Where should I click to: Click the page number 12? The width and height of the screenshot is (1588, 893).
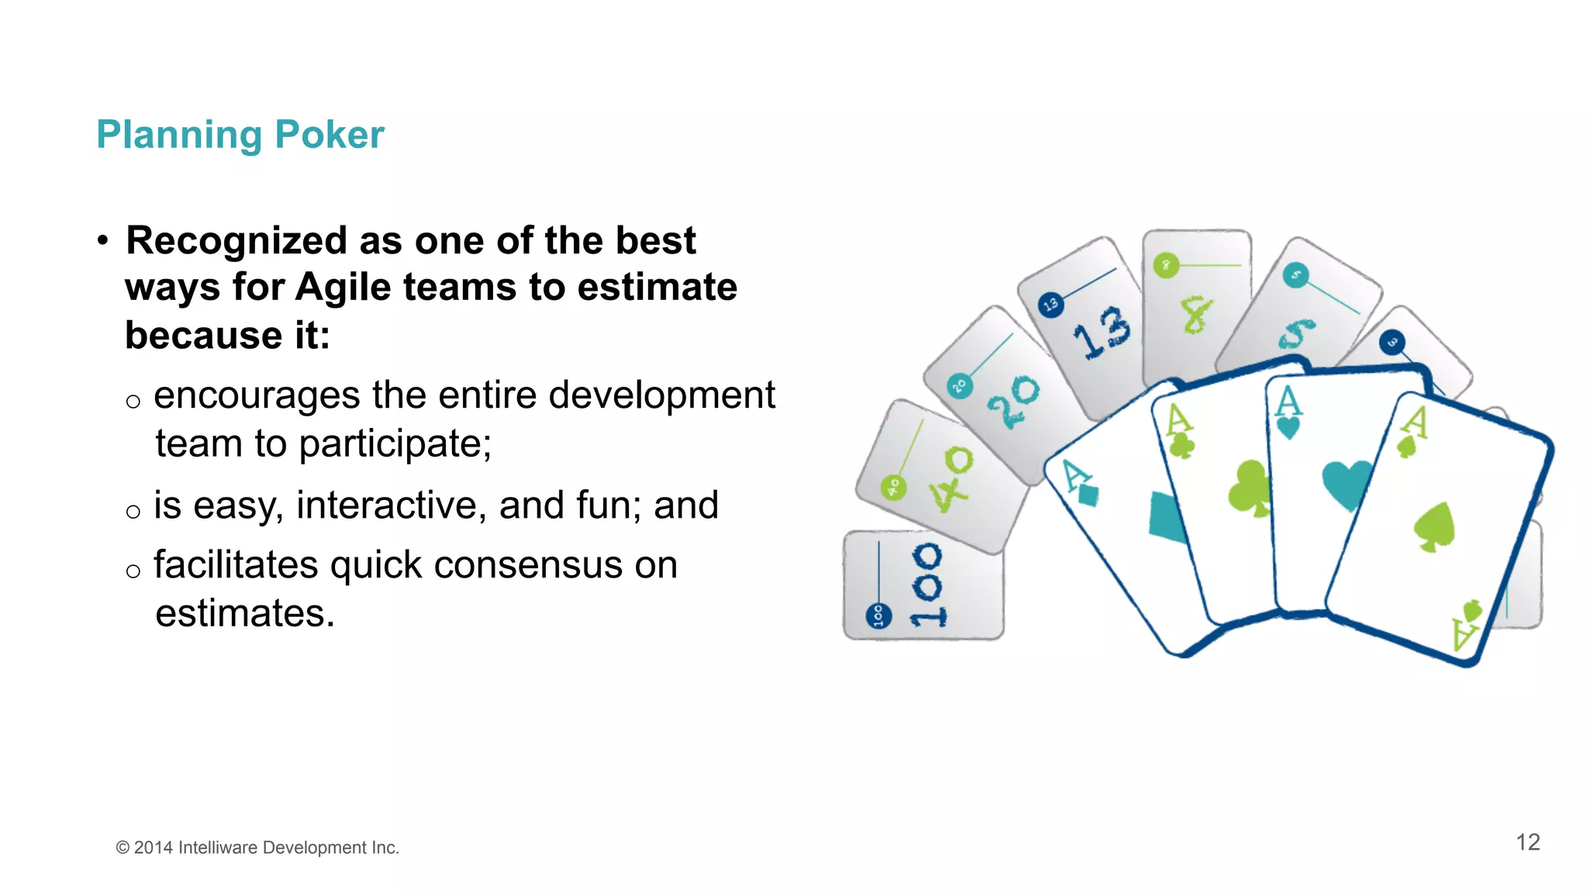(x=1528, y=843)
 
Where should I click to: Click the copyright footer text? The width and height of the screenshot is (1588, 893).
(x=257, y=848)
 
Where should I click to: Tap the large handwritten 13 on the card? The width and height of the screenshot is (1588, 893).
(x=1102, y=332)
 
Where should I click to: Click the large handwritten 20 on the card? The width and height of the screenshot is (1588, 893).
(x=1013, y=402)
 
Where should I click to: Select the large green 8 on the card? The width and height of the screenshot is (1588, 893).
(x=1196, y=314)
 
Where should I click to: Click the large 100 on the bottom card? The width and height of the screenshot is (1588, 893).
(x=928, y=585)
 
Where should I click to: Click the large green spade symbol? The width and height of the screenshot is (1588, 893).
(x=1434, y=527)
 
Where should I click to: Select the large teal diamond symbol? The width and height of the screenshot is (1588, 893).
(x=1167, y=516)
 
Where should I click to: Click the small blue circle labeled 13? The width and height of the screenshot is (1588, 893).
(x=1051, y=305)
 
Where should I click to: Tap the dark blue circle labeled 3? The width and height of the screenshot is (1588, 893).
(x=1393, y=342)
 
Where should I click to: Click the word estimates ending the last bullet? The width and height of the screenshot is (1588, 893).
(x=244, y=614)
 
